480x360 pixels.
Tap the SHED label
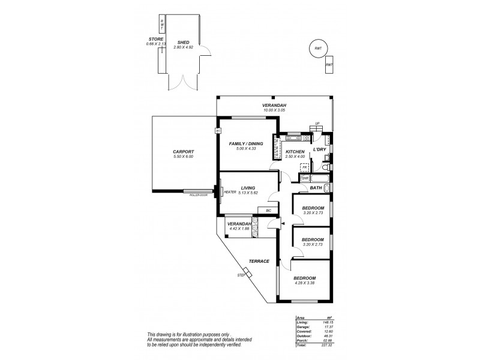coord(183,42)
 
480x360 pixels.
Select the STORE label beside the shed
coord(156,40)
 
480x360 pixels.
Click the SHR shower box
coord(305,178)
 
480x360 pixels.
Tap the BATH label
coord(316,188)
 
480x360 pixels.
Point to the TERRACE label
coord(259,261)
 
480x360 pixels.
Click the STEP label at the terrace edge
coord(241,275)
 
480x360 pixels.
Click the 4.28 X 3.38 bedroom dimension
coord(305,284)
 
